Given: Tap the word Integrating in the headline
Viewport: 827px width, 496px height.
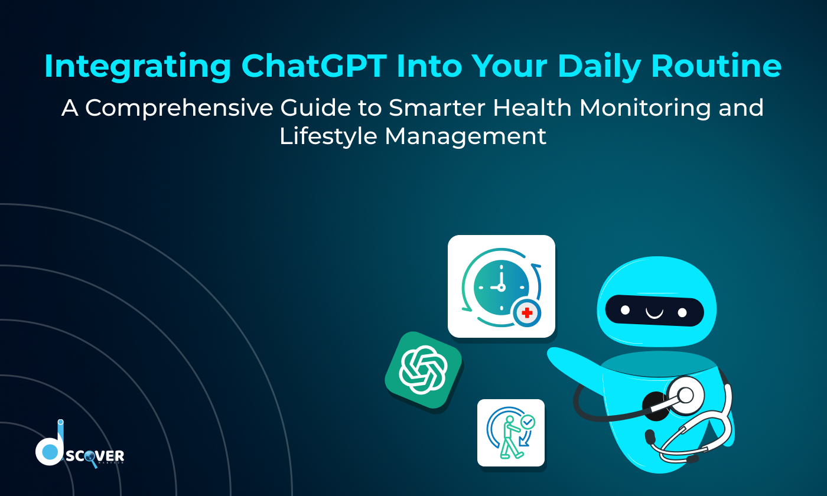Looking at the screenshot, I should (138, 67).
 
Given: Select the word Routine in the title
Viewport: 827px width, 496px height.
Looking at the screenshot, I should (717, 67).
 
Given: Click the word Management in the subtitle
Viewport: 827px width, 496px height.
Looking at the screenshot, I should (466, 136).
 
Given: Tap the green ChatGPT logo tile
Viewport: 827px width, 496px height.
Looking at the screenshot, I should (423, 371).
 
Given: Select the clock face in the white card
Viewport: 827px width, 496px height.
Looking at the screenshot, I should (501, 287).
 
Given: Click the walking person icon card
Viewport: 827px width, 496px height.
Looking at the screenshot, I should (511, 433).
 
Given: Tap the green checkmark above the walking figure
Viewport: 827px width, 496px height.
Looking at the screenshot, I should (528, 422).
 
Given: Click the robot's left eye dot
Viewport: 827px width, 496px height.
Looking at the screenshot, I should (626, 309).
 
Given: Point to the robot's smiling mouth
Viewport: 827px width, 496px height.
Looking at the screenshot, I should (654, 312).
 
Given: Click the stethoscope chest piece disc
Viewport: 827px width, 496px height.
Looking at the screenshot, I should (685, 394).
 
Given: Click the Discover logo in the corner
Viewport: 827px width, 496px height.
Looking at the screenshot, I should (80, 452).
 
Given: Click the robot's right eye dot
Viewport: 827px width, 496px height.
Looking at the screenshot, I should (682, 312).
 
